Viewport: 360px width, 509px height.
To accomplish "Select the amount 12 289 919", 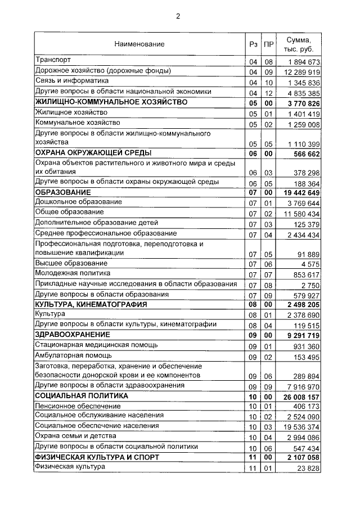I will [x=303, y=72].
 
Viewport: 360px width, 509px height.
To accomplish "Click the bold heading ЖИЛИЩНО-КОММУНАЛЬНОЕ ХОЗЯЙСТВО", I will [x=111, y=102].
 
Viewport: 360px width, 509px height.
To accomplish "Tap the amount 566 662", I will [x=307, y=154].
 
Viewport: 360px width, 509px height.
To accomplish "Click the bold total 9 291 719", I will [x=304, y=336].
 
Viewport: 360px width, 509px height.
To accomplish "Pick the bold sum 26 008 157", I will [x=303, y=396].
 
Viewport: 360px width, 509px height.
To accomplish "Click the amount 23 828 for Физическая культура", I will [x=309, y=468].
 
